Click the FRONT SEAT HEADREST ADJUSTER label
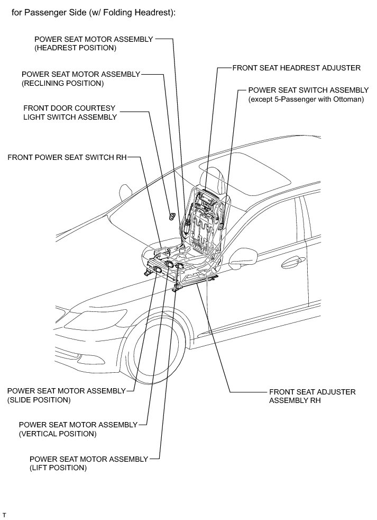[296, 68]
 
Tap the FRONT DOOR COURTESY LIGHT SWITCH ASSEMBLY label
[69, 112]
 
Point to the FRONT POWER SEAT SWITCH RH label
[67, 157]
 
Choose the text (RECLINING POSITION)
[62, 83]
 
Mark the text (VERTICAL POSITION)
[57, 434]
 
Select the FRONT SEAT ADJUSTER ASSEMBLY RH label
[312, 396]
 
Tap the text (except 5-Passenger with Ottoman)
[306, 99]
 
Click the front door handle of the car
[292, 261]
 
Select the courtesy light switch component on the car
[172, 215]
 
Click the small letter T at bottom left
[4, 514]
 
